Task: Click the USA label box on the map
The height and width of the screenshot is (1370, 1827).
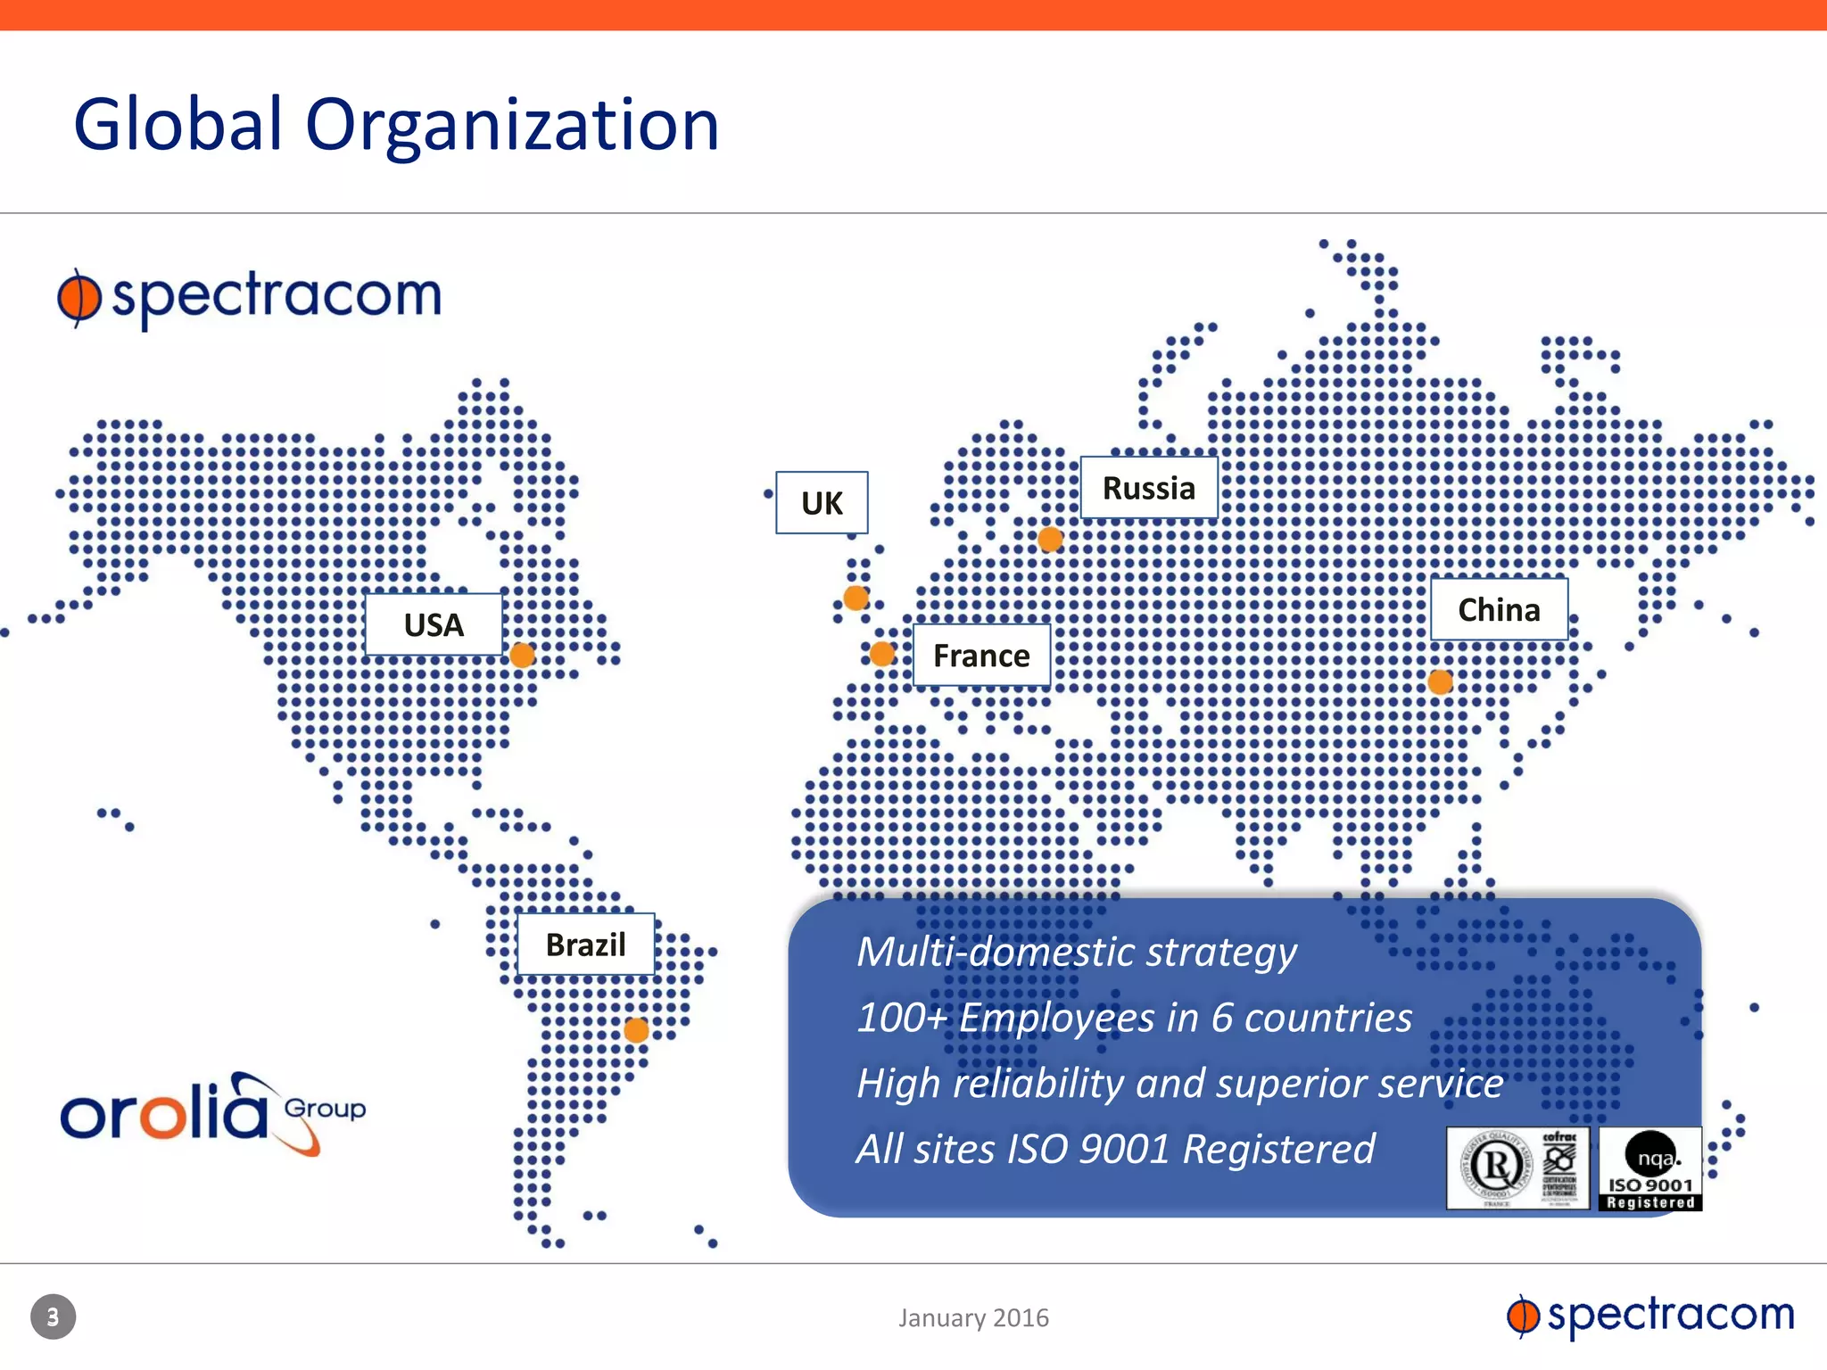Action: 434,624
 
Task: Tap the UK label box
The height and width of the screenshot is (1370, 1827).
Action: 822,503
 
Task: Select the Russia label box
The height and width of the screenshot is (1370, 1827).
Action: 1149,488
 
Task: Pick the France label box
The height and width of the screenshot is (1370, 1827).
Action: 981,656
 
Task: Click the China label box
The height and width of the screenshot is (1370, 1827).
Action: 1499,609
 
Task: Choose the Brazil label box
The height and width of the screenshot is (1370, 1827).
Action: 586,944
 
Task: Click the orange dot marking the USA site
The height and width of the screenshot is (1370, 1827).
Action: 523,656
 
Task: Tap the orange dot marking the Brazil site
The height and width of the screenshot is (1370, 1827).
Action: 636,1031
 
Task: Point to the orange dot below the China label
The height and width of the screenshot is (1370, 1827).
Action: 1440,682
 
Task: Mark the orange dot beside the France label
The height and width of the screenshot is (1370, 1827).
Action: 882,654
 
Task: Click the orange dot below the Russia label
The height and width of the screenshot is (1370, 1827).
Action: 1050,539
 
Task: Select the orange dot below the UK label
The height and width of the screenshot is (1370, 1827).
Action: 856,598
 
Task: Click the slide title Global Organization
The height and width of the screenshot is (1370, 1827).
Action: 396,125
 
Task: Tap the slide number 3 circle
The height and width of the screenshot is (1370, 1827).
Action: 54,1316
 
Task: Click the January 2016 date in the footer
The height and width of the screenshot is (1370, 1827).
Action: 973,1317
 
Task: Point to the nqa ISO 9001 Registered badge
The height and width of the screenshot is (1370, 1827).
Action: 1650,1169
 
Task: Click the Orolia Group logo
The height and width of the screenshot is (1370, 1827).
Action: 212,1114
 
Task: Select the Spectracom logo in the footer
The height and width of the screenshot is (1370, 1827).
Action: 1650,1316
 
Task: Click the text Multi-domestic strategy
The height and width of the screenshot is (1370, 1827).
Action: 1077,952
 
